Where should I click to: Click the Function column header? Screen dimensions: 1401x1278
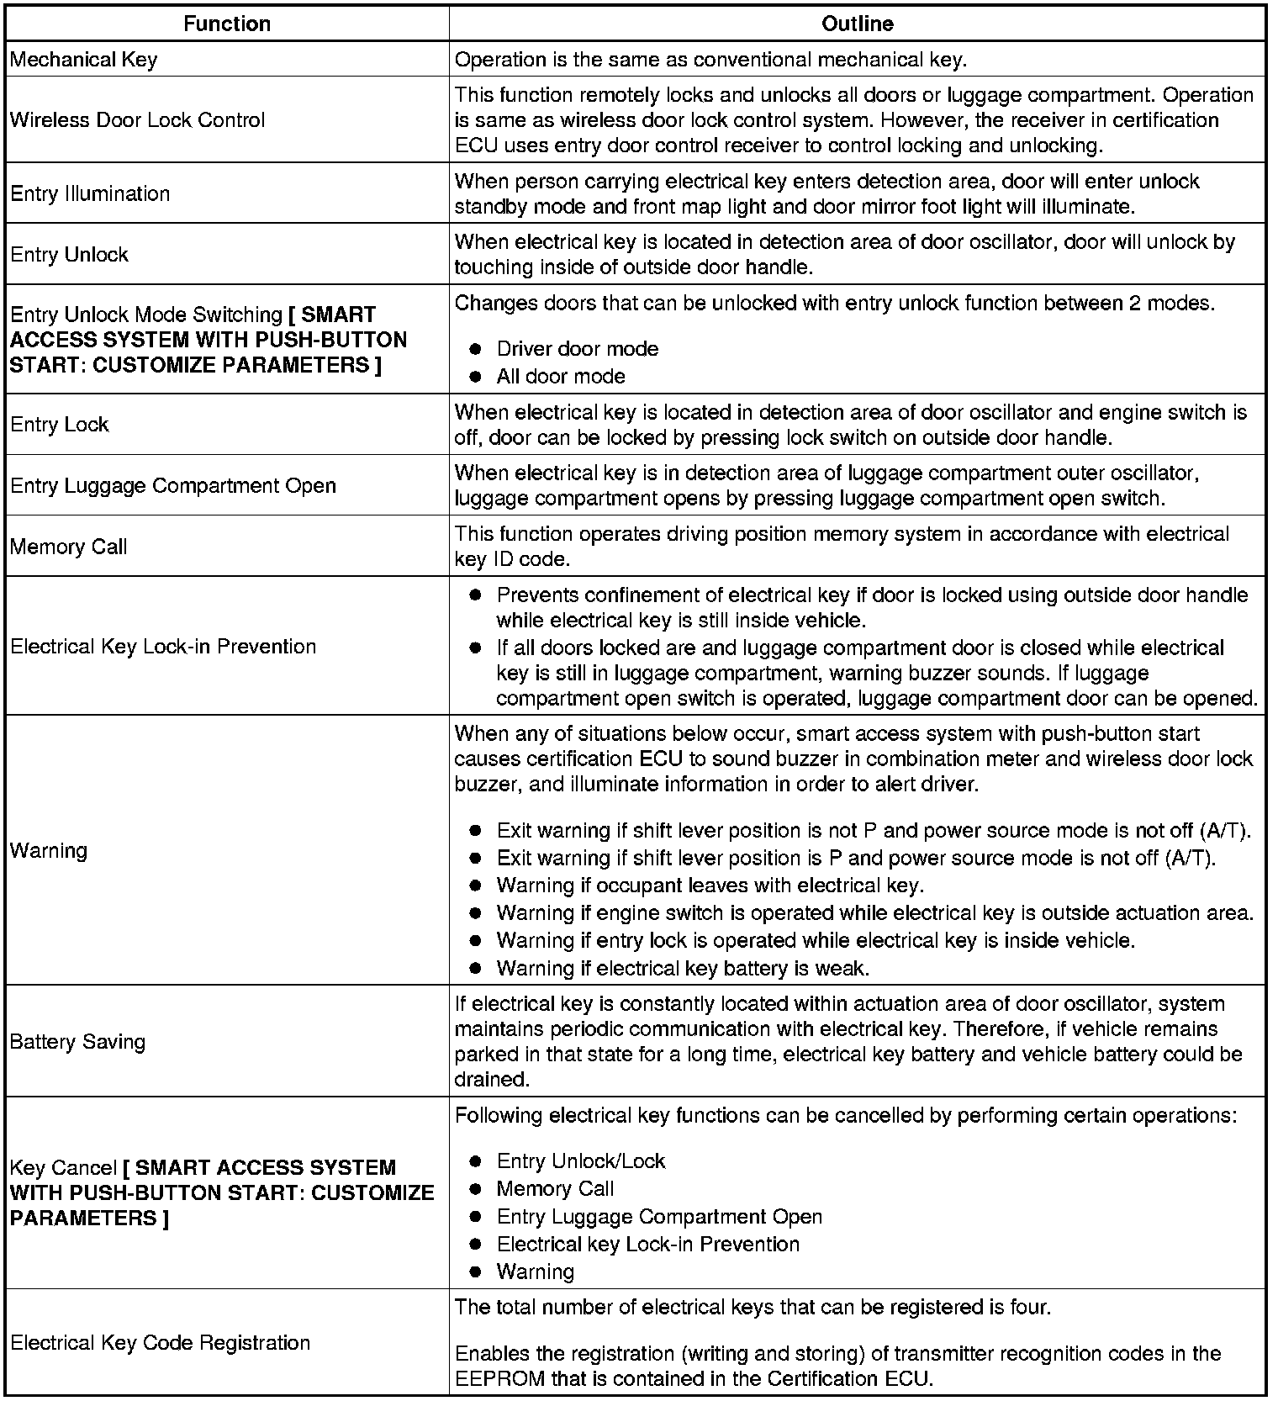pos(227,24)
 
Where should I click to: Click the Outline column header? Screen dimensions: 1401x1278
pos(857,24)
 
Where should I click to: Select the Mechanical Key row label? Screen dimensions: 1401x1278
pos(83,60)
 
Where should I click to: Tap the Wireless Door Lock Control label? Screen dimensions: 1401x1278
pos(137,120)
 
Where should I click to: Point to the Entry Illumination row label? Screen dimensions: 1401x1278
pos(90,193)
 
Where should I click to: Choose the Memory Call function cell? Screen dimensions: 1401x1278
pos(69,547)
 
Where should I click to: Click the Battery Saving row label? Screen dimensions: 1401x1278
pos(77,1042)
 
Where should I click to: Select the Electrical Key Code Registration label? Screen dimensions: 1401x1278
pos(161,1343)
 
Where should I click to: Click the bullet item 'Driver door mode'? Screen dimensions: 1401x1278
pos(577,349)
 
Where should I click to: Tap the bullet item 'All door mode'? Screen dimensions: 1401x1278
pos(560,376)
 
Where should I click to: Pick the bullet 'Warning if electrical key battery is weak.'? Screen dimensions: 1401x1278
pos(682,968)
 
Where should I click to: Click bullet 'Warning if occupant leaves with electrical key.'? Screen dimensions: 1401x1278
pos(710,886)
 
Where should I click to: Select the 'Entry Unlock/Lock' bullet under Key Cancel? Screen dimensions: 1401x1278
pos(580,1161)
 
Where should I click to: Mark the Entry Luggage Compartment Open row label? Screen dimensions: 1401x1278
pos(173,486)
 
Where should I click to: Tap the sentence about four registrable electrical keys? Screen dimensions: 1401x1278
pos(753,1308)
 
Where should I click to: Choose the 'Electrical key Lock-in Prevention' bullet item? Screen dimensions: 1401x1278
pos(647,1244)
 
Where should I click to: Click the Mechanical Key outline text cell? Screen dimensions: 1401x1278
pos(710,60)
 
